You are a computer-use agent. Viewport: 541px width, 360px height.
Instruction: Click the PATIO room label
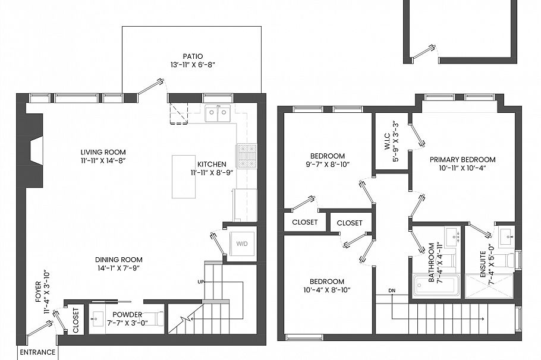[191, 56]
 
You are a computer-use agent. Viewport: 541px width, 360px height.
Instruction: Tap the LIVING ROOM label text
[103, 152]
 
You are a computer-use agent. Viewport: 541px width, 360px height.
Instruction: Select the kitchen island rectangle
[184, 176]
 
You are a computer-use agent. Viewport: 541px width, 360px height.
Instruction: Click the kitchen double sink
[218, 113]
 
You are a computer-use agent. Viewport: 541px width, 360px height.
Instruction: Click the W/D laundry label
[243, 244]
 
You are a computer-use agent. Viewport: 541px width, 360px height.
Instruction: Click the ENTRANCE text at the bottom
[37, 352]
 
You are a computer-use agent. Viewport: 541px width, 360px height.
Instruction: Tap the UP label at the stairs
[202, 281]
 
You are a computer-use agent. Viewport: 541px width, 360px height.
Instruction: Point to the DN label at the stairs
[392, 290]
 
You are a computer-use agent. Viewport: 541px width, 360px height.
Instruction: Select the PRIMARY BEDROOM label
[463, 159]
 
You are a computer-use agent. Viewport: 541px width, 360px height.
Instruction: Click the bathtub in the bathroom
[437, 285]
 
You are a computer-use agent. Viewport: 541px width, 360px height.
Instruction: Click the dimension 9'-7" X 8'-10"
[327, 165]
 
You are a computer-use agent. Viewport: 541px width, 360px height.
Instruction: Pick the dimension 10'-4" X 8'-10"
[326, 290]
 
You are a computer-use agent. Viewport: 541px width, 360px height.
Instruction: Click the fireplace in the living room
[34, 149]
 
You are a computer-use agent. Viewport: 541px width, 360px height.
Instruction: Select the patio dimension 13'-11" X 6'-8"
[191, 65]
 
